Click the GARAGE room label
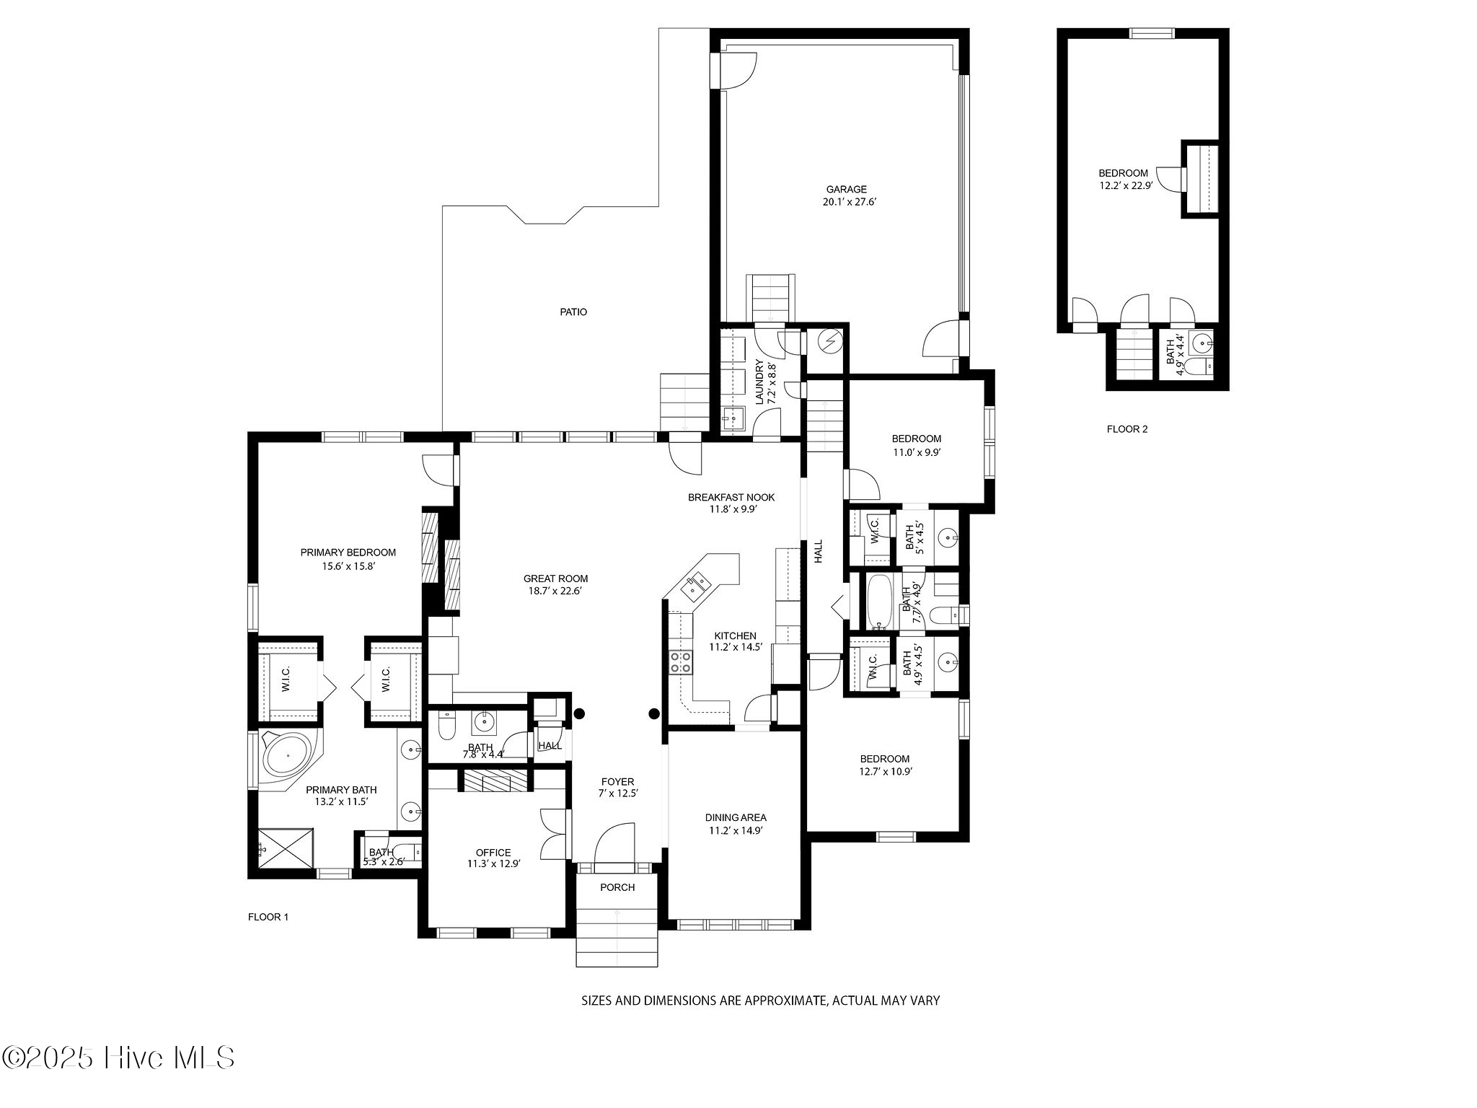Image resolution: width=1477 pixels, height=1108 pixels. [x=846, y=190]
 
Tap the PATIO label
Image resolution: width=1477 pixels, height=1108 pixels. [x=573, y=312]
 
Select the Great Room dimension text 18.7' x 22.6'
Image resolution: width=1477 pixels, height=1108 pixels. [x=555, y=591]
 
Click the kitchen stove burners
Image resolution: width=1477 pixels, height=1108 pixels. [x=680, y=662]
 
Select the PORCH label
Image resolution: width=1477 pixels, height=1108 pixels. [x=617, y=887]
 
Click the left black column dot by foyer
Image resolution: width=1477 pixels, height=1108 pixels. [x=579, y=714]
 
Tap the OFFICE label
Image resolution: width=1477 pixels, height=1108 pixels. [x=493, y=853]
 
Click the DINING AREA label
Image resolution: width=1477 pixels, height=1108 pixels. [x=736, y=817]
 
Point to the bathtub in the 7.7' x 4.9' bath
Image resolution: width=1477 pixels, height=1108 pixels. [x=877, y=602]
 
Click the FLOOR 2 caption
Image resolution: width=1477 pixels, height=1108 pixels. [x=1127, y=429]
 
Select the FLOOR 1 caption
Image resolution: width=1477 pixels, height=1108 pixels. [x=268, y=918]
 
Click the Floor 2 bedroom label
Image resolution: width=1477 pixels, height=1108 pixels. [x=1123, y=173]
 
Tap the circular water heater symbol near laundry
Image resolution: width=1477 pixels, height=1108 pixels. [x=831, y=341]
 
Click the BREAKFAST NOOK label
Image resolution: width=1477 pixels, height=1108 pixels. [x=731, y=497]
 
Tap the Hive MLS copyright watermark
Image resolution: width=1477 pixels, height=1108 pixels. [x=118, y=1058]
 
